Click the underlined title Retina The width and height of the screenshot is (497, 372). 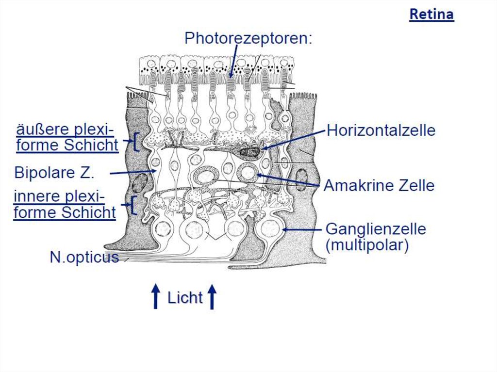(431, 14)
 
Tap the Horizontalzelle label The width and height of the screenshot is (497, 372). (381, 130)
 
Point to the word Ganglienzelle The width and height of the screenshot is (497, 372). (376, 228)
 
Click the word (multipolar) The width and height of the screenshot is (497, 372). (367, 245)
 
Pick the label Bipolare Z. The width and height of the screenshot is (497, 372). (54, 173)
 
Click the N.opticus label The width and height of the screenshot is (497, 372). (84, 257)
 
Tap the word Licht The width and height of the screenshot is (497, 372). (185, 297)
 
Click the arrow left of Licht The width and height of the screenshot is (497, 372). (155, 296)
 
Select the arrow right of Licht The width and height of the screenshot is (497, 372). (212, 296)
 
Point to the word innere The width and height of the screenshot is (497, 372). (38, 197)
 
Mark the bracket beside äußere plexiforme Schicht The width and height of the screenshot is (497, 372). (136, 142)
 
